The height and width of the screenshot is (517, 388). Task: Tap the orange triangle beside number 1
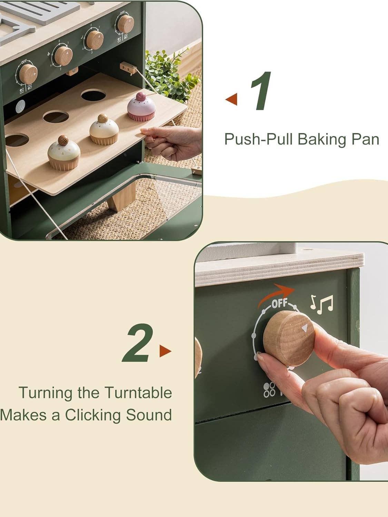[232, 99]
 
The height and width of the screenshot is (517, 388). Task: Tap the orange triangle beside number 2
[165, 351]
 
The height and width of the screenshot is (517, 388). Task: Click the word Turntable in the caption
[138, 393]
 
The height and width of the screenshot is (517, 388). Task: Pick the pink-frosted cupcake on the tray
[141, 107]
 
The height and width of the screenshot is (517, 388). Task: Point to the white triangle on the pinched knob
[304, 328]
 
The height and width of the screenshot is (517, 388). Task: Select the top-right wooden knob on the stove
[125, 24]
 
